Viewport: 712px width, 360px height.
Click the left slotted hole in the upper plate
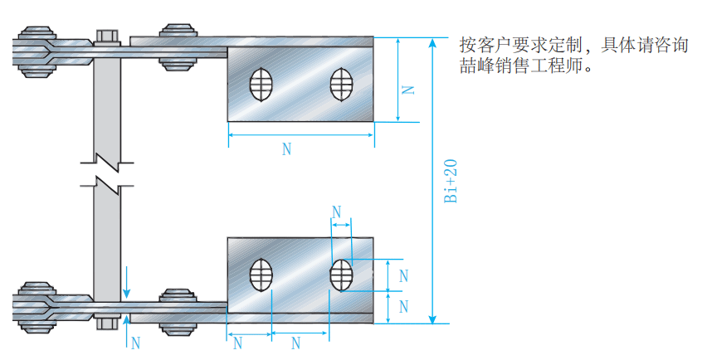click(x=262, y=84)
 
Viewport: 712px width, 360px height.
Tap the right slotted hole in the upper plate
click(x=341, y=83)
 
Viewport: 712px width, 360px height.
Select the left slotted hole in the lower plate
click(x=262, y=274)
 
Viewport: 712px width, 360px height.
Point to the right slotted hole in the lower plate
click(x=341, y=275)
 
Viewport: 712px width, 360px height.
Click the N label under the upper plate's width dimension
click(x=287, y=149)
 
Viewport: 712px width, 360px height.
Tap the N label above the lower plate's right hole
click(x=337, y=212)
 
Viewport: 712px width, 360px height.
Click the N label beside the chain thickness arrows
click(x=136, y=342)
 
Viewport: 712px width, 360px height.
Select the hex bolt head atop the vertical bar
click(x=107, y=36)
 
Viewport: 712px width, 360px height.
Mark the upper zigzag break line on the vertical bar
click(x=107, y=157)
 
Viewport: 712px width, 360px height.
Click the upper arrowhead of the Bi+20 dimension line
click(x=433, y=41)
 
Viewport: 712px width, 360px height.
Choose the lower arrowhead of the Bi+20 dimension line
click(x=433, y=319)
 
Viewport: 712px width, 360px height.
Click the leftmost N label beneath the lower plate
click(x=237, y=343)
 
